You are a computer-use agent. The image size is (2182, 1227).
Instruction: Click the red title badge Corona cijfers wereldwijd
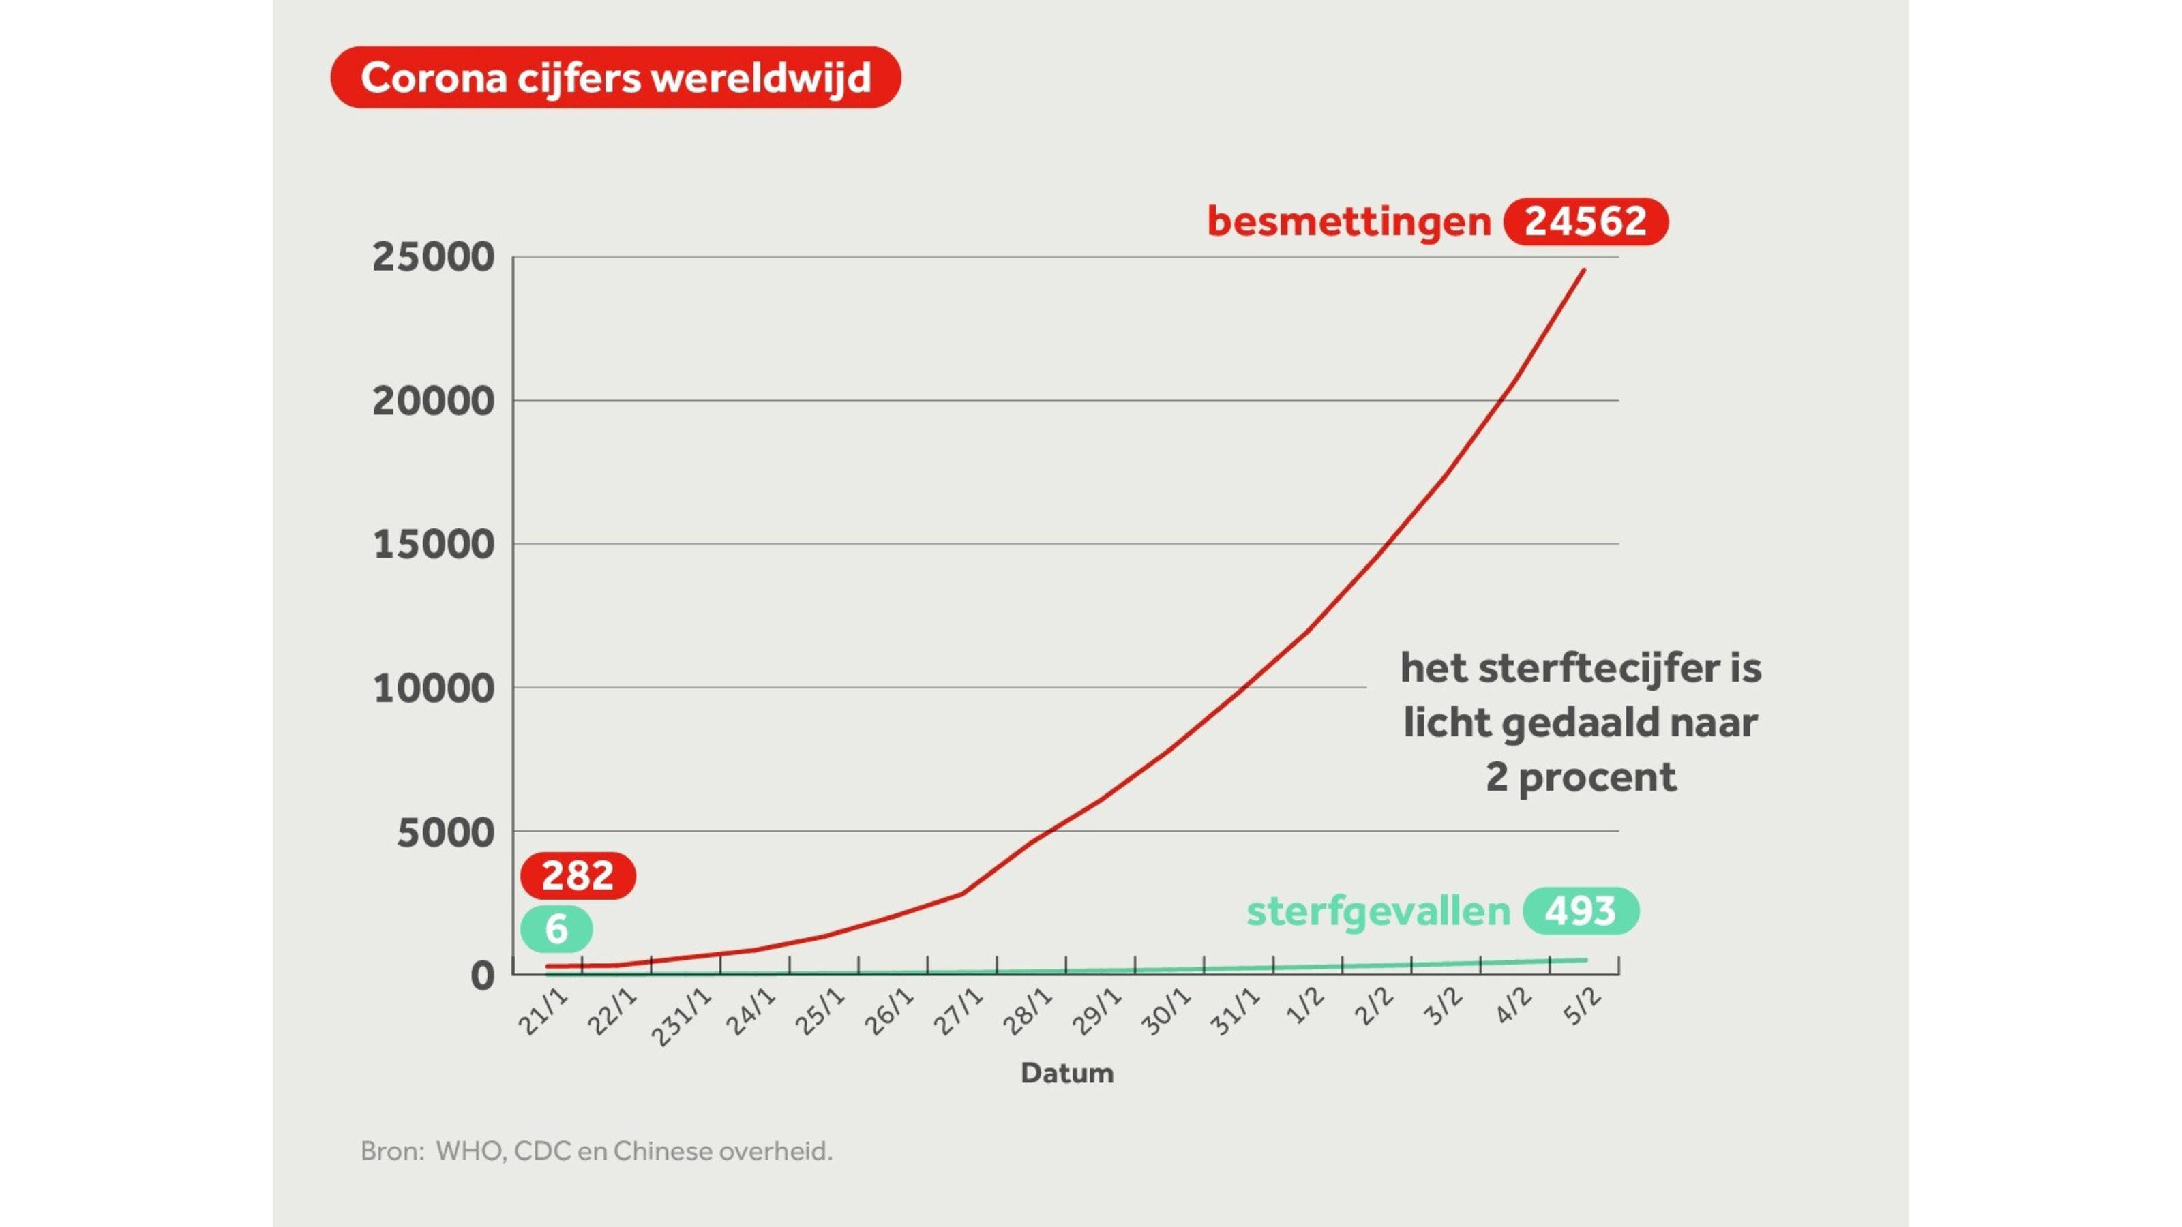[615, 77]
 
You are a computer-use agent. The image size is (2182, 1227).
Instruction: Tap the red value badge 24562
[1585, 221]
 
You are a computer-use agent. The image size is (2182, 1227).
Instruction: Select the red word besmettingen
[1349, 221]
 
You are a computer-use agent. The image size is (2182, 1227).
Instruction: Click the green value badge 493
[1581, 911]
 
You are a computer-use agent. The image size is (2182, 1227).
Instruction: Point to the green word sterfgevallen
[1378, 911]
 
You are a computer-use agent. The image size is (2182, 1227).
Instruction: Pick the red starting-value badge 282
[578, 875]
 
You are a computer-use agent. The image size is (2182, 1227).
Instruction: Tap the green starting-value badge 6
[556, 929]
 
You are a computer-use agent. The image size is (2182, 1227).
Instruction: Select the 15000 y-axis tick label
[433, 545]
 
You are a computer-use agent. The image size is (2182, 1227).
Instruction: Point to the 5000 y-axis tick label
[445, 833]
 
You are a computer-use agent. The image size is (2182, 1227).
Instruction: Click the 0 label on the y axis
[482, 976]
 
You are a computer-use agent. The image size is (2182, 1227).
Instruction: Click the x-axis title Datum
[1066, 1073]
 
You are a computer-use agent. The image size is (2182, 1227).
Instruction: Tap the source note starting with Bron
[597, 1151]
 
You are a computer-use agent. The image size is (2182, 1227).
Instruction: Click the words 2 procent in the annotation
[1581, 776]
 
